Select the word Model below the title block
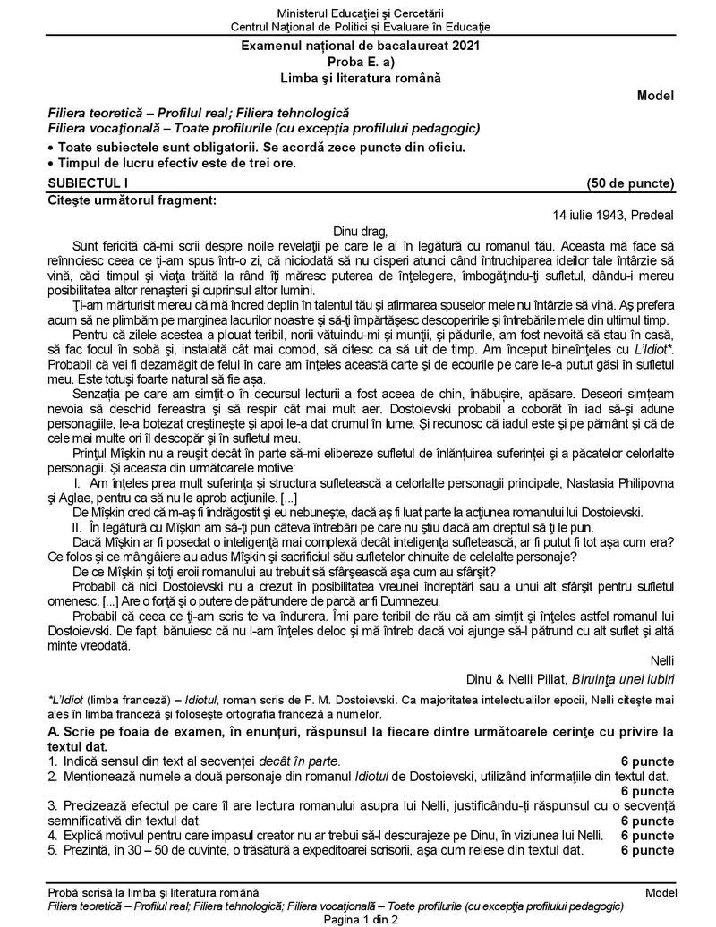(655, 96)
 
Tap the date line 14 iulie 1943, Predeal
(614, 215)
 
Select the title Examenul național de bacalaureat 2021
(359, 44)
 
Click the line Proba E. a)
(359, 61)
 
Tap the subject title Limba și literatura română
(359, 78)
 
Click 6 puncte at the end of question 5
(647, 849)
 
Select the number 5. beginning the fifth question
(53, 849)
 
